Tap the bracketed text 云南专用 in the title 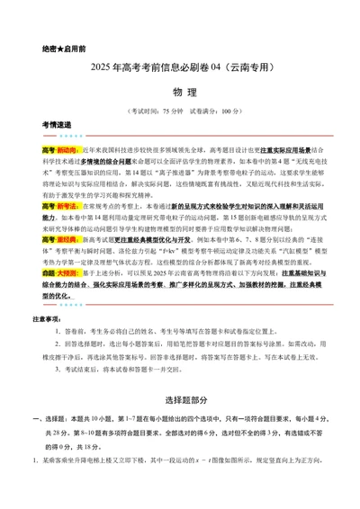point(256,67)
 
